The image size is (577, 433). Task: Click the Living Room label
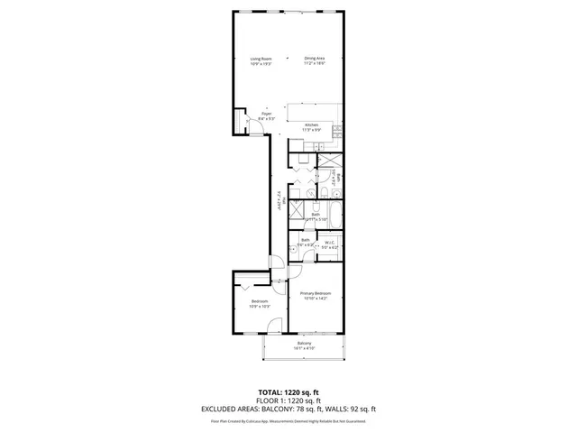(261, 58)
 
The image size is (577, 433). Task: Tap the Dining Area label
(314, 58)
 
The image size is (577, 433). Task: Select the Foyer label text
(267, 114)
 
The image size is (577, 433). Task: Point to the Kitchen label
(311, 124)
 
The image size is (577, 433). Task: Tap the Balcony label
(305, 344)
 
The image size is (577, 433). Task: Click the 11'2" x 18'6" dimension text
(314, 63)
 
